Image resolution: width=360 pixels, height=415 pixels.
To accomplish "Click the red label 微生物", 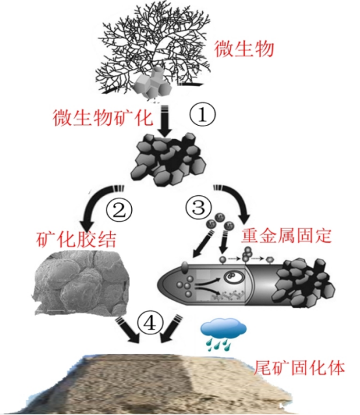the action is coord(244,49).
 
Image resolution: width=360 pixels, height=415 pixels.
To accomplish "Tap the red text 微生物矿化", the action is coord(103,118).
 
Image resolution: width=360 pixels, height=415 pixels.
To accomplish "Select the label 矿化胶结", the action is coord(76,239).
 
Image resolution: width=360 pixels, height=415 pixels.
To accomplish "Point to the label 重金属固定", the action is coord(286,235).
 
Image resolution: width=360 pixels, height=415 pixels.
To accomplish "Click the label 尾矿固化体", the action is coord(299,368).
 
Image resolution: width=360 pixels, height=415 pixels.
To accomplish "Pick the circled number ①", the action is coord(203,115).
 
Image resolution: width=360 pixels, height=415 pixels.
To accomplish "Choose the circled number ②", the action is coord(119,211).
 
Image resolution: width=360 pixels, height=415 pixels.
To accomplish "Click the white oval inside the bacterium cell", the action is coord(234,277).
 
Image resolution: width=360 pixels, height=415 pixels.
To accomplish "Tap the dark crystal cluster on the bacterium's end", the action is coord(305,284).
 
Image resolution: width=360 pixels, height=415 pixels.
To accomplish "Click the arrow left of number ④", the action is coord(127,330).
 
